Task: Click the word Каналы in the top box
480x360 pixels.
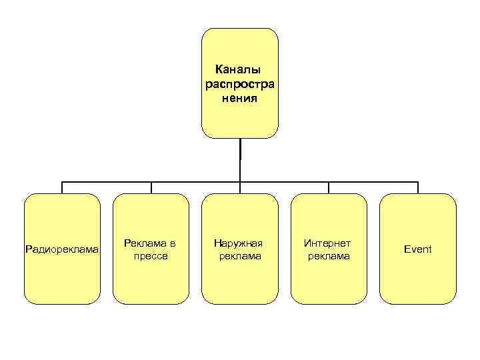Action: coord(239,69)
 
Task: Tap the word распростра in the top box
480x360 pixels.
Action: coord(239,84)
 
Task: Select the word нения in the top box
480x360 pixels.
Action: coord(239,99)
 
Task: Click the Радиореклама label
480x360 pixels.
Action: coord(62,249)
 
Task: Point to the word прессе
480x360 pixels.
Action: coord(151,256)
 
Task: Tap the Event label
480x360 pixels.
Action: coord(417,249)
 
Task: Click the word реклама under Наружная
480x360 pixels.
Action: coord(239,256)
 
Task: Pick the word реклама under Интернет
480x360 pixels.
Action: coord(328,256)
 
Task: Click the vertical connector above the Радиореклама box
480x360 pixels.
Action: coord(62,187)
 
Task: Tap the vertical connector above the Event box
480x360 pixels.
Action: coord(418,187)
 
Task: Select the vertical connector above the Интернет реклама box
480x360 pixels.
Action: coord(329,187)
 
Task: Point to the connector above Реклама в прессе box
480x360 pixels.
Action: coord(151,187)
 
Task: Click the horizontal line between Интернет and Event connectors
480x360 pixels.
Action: coord(373,181)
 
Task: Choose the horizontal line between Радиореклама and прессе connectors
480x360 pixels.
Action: coord(107,181)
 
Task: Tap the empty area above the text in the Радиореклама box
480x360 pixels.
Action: coord(62,217)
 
